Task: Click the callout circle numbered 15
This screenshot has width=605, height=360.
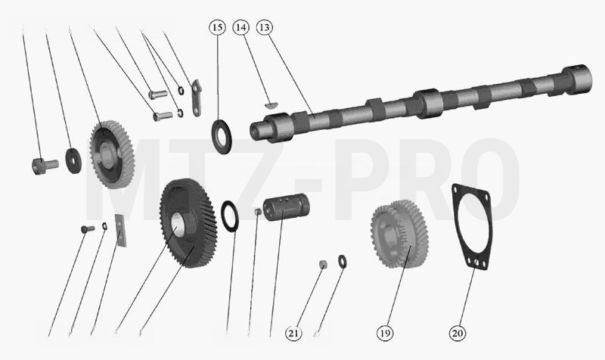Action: (x=218, y=27)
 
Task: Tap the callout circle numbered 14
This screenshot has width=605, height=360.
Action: (x=240, y=27)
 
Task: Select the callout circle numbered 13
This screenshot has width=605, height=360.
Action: (x=264, y=27)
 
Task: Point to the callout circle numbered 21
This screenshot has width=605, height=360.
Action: (x=293, y=333)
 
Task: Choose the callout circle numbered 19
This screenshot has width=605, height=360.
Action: (x=385, y=333)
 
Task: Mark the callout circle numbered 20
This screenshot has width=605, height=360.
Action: (x=458, y=333)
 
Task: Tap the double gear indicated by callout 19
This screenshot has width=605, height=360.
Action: (x=399, y=234)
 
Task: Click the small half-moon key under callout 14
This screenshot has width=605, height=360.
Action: (x=272, y=104)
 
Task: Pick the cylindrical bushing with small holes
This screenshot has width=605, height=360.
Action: (x=286, y=207)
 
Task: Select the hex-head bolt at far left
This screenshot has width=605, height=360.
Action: (x=45, y=166)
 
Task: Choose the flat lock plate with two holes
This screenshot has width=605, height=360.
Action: (x=197, y=98)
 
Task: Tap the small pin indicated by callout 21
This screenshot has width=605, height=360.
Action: (x=323, y=264)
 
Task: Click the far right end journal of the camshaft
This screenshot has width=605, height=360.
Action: (x=577, y=79)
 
